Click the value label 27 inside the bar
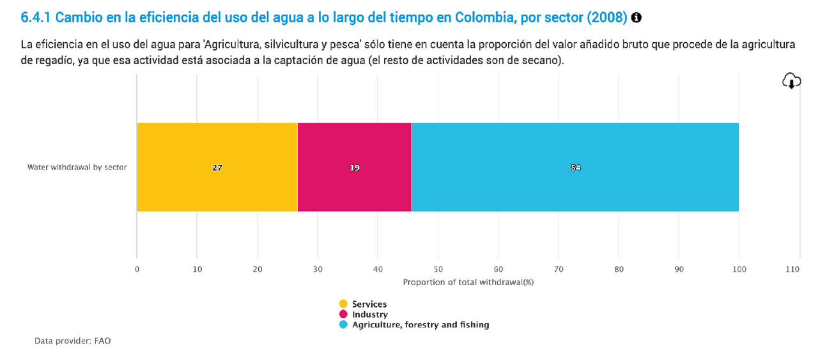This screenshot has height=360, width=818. [x=217, y=168]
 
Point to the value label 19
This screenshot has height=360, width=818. [x=355, y=168]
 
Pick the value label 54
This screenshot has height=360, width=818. [x=576, y=168]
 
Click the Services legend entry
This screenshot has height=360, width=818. [x=369, y=304]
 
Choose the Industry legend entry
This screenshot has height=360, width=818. [x=369, y=314]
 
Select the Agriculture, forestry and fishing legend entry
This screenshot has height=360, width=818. [x=420, y=324]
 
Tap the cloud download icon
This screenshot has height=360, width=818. [x=791, y=81]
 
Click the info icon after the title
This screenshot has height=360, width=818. [x=636, y=18]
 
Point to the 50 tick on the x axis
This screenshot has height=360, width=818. [x=438, y=270]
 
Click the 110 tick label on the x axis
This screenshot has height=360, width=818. [x=792, y=270]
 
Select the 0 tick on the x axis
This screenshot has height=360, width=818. [x=137, y=270]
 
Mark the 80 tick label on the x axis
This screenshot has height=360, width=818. [x=619, y=270]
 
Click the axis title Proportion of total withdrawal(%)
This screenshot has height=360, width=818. [x=468, y=282]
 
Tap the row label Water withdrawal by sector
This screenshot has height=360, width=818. [x=77, y=168]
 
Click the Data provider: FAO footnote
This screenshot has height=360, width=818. [x=72, y=341]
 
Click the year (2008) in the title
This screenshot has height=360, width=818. [x=608, y=18]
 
